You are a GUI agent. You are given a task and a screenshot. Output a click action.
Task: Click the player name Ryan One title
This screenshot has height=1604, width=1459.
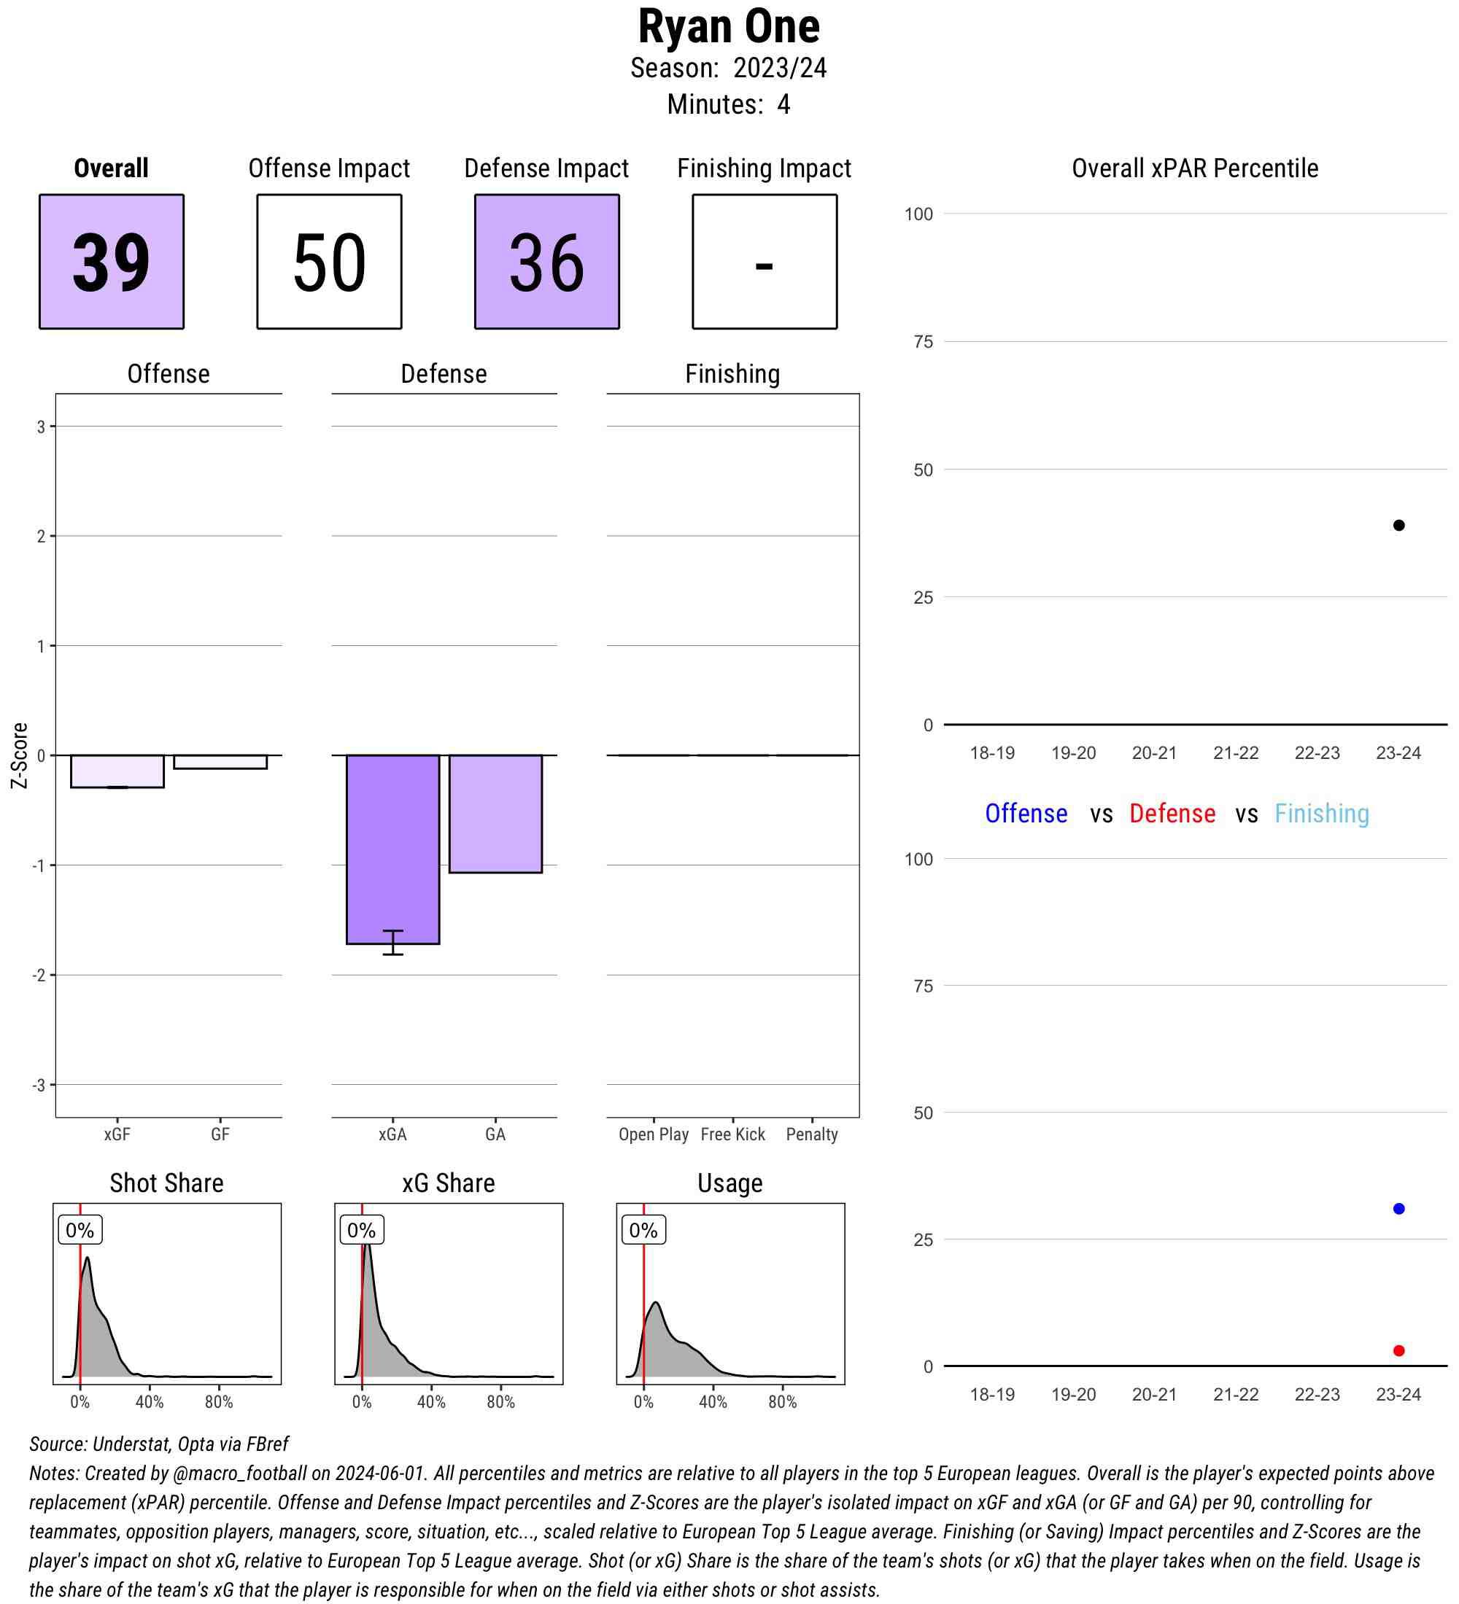[x=728, y=27]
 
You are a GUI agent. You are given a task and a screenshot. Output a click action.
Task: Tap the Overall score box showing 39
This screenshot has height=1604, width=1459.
[x=112, y=261]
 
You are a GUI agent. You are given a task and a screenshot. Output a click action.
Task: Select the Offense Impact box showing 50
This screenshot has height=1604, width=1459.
[x=329, y=261]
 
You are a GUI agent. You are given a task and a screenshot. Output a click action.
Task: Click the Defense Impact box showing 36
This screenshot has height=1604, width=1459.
[x=547, y=261]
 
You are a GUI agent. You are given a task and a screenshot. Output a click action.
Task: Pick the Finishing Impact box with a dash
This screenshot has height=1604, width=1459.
[x=764, y=261]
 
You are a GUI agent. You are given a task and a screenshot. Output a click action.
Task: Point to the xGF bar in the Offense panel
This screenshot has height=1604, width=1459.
[x=117, y=771]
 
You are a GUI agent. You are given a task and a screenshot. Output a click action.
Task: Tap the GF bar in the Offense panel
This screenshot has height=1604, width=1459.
[x=220, y=761]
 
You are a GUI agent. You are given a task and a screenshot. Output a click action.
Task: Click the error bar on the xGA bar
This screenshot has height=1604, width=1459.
[x=392, y=942]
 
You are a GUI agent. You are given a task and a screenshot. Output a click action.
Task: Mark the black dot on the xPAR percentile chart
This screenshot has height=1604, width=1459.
[x=1398, y=525]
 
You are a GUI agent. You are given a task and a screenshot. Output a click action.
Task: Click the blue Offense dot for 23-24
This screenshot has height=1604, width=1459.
[x=1398, y=1209]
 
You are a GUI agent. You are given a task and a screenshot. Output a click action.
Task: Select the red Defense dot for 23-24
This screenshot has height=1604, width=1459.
[x=1398, y=1350]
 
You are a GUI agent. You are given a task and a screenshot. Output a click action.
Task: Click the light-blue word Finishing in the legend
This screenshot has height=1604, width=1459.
[x=1321, y=813]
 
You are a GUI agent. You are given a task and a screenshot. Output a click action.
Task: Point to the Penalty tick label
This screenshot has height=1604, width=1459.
[x=812, y=1134]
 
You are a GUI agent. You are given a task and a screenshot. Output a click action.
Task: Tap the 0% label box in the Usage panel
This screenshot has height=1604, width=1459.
[x=643, y=1230]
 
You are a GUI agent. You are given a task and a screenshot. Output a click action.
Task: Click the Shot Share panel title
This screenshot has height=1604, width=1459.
[x=166, y=1183]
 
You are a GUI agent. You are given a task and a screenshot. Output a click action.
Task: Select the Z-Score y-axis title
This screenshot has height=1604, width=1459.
[x=19, y=755]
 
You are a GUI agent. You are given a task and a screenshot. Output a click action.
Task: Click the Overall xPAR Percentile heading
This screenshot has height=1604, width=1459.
[x=1195, y=168]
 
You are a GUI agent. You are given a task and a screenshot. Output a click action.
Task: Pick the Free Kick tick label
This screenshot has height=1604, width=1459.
[x=732, y=1134]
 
